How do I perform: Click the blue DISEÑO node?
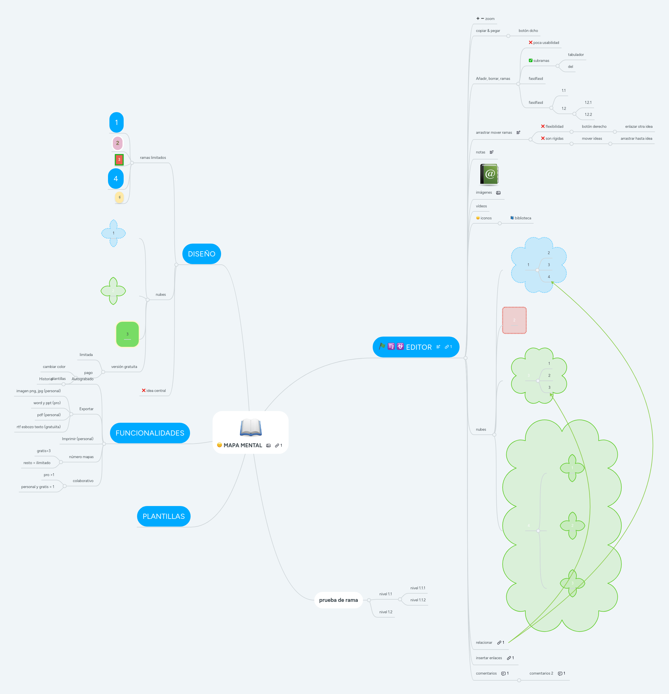pos(201,254)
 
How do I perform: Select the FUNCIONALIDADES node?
pos(150,433)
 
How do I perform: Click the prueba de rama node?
pos(338,600)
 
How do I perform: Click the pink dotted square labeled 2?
pos(514,320)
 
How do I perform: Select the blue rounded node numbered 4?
pos(116,179)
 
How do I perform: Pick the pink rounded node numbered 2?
pos(117,143)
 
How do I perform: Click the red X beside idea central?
pos(144,390)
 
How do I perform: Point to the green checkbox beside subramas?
pos(531,60)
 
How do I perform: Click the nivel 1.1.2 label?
pos(418,600)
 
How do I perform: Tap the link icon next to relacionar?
pos(499,643)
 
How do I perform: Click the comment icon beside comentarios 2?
pos(560,673)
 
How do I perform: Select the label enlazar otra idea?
pos(639,127)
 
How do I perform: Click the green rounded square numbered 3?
pos(127,334)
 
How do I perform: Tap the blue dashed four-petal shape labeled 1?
pos(113,233)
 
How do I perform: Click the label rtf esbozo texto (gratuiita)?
pos(38,427)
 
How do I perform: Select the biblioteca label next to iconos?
pos(523,218)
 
